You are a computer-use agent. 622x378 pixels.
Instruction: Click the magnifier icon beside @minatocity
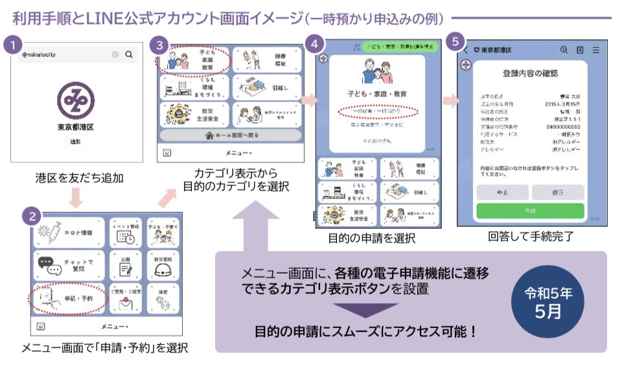click(129, 55)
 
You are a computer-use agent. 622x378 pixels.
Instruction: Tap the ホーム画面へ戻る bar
click(229, 136)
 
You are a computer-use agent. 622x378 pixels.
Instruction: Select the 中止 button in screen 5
click(502, 192)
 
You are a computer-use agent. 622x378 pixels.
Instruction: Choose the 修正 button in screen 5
click(558, 192)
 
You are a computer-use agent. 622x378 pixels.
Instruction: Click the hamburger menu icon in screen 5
click(595, 50)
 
